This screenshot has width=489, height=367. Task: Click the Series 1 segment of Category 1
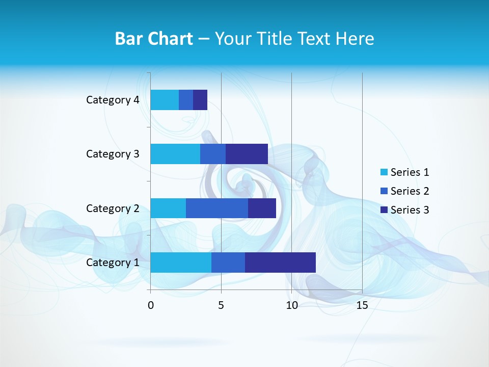click(x=181, y=262)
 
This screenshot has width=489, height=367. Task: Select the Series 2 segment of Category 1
click(x=228, y=262)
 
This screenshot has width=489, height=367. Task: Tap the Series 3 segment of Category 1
click(x=280, y=262)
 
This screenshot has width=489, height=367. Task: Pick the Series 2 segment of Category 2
click(x=217, y=208)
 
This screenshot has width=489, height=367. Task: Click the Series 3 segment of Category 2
click(x=262, y=208)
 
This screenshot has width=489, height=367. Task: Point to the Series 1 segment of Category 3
click(x=175, y=154)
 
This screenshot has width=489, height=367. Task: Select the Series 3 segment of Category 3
click(x=247, y=154)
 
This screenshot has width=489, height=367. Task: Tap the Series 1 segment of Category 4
click(x=165, y=100)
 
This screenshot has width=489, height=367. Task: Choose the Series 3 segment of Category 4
click(x=200, y=100)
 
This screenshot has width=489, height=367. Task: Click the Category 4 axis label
click(x=113, y=100)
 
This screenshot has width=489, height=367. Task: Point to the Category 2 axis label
click(x=113, y=208)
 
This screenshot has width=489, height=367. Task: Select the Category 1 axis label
click(x=113, y=262)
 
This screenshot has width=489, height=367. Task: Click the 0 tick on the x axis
click(x=151, y=305)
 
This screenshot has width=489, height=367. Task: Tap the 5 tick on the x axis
click(x=221, y=305)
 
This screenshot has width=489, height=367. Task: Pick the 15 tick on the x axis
click(x=362, y=305)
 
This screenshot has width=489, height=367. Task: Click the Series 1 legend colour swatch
click(x=384, y=172)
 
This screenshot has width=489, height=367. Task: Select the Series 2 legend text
click(x=410, y=191)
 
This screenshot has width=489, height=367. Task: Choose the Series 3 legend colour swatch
click(x=384, y=209)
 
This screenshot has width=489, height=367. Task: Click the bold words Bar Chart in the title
click(x=154, y=39)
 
